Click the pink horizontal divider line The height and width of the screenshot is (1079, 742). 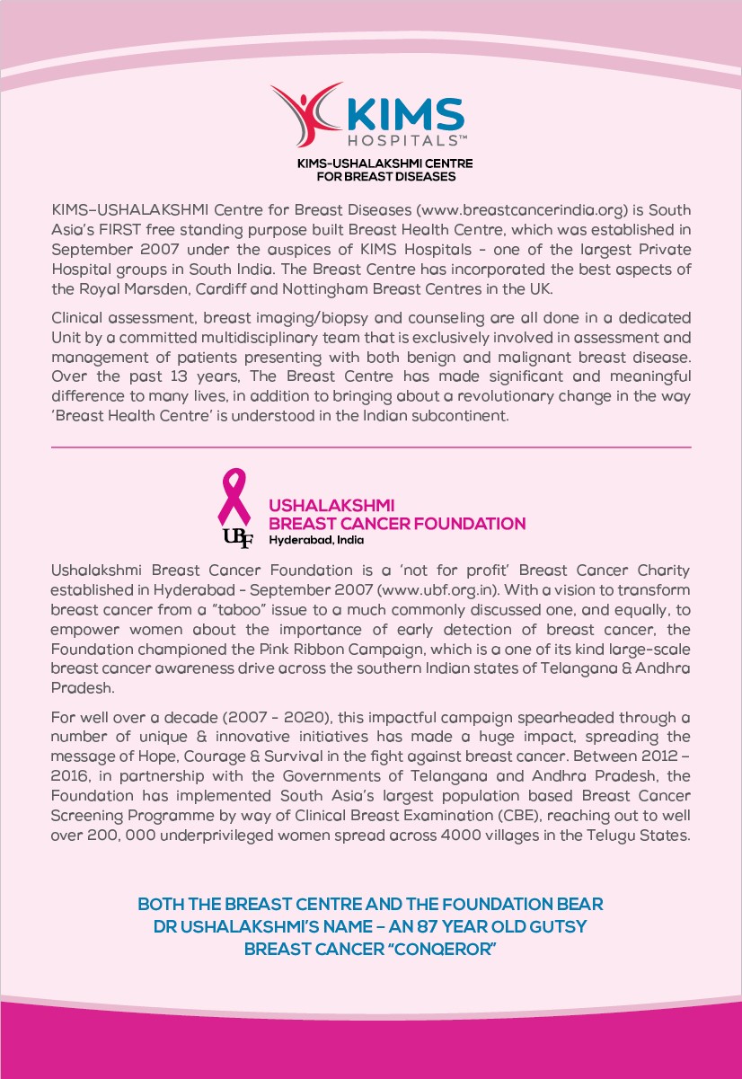[x=371, y=447]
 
